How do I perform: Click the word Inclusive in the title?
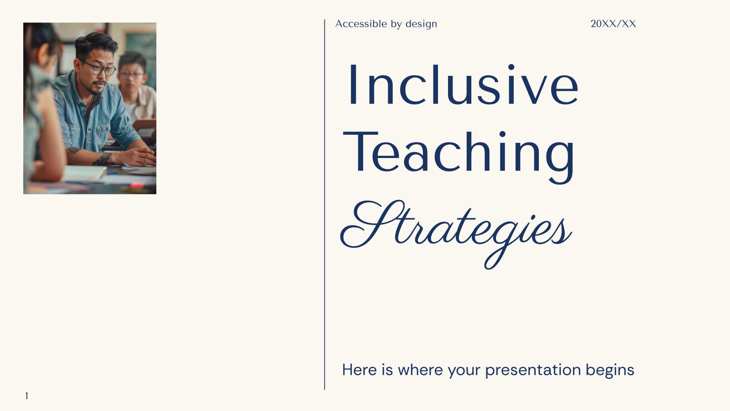(463, 85)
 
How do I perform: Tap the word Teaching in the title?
(459, 153)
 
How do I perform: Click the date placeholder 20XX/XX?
(613, 24)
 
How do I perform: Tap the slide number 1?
(26, 396)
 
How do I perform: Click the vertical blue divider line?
(325, 205)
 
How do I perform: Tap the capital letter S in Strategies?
(367, 224)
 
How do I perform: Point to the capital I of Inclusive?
(353, 85)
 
